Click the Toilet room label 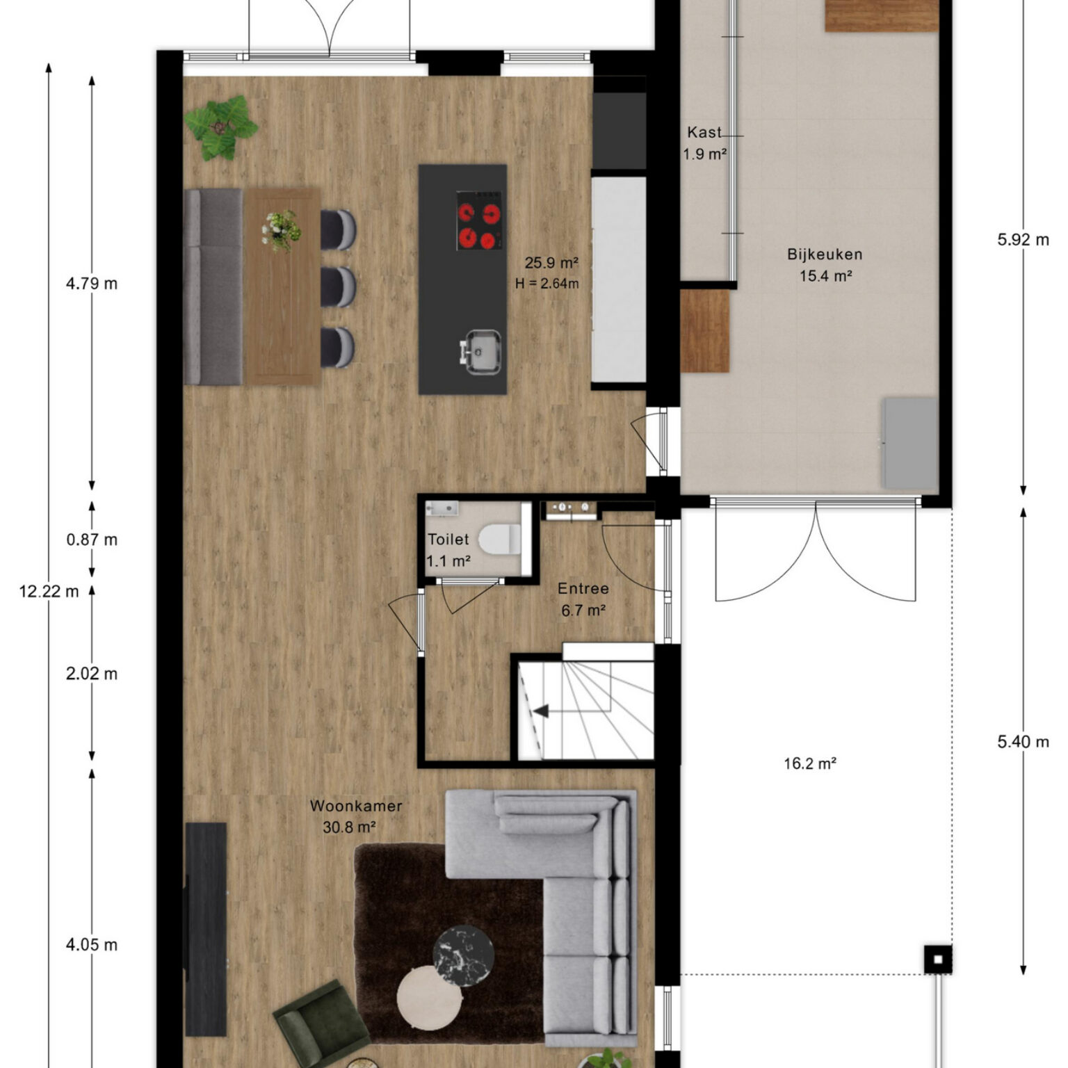click(448, 540)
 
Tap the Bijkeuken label click(825, 254)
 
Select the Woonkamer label click(356, 806)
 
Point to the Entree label click(583, 589)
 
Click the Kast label click(704, 133)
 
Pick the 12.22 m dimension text click(49, 592)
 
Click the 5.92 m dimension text click(1023, 240)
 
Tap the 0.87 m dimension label click(92, 540)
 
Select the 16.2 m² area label click(809, 763)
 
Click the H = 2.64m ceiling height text click(547, 284)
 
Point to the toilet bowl click(501, 540)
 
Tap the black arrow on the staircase click(541, 711)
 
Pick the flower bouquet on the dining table click(282, 230)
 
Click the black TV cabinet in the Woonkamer click(206, 930)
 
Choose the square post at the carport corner click(938, 960)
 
